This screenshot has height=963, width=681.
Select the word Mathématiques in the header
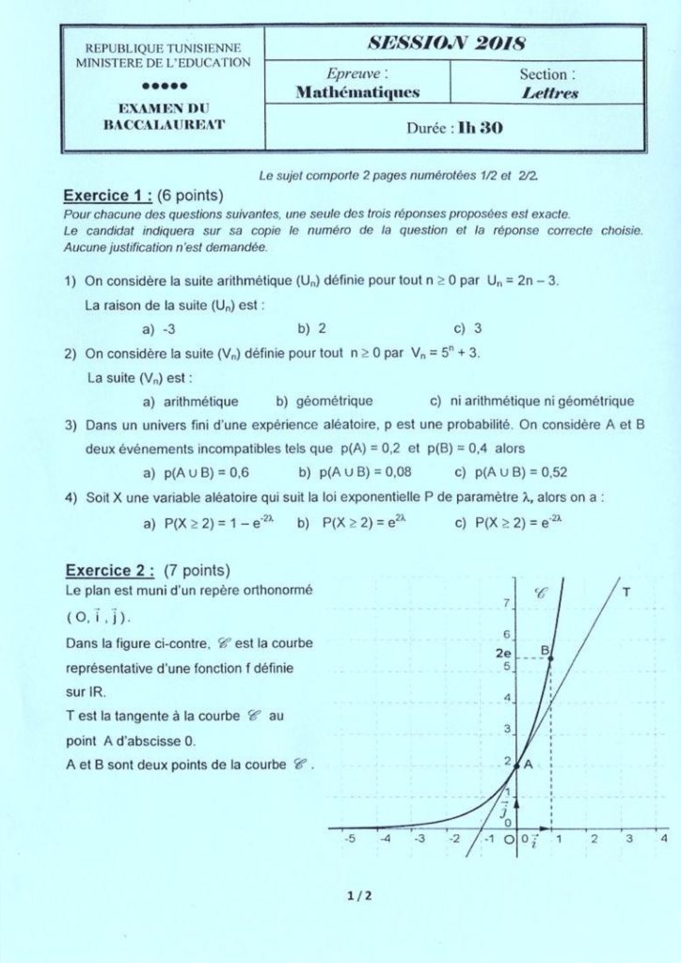pos(357,92)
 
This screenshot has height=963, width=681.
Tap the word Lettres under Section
pos(549,93)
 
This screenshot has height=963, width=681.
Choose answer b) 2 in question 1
pos(312,328)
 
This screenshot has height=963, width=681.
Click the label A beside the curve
pos(529,765)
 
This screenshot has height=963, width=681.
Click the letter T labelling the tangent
pos(626,591)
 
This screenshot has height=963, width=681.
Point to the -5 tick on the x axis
pos(349,838)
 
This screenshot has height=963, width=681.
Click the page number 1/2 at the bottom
pos(360,895)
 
